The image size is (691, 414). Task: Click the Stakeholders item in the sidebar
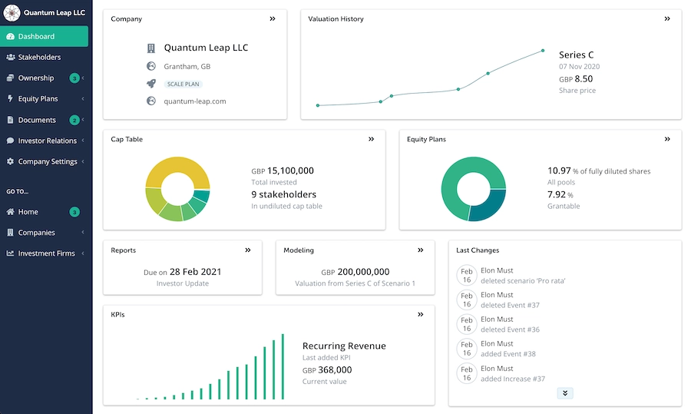39,57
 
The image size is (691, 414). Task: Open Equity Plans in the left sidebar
38,98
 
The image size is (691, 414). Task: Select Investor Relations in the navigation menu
47,141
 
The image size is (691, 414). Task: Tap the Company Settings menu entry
47,161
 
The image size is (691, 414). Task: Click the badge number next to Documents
74,120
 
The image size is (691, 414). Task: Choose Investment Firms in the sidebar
46,253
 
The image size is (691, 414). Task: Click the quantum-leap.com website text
194,101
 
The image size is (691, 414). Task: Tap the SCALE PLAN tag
183,84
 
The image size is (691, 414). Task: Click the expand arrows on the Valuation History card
667,19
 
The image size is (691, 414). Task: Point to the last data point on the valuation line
543,51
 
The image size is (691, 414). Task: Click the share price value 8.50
584,78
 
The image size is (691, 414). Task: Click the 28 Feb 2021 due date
196,272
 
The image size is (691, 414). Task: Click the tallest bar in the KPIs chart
283,366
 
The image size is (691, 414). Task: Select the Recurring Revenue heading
344,346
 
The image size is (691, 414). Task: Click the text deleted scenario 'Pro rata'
523,280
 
